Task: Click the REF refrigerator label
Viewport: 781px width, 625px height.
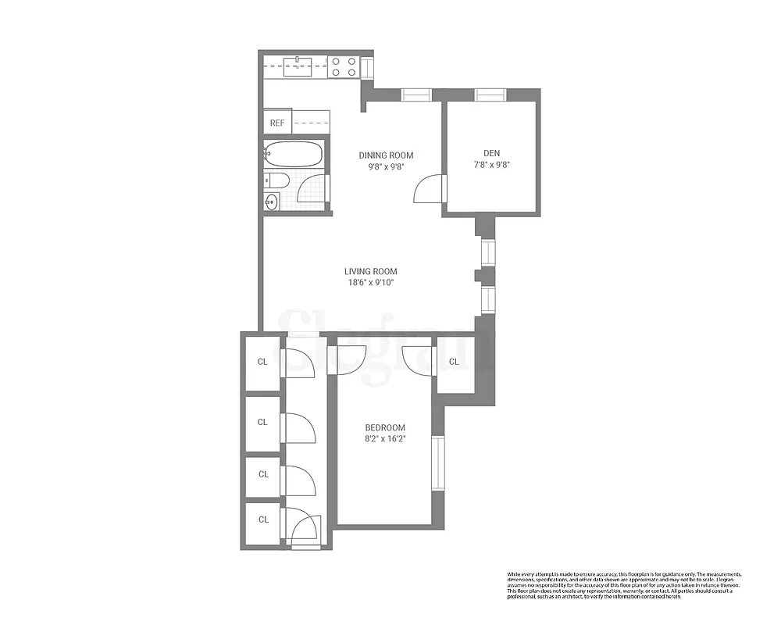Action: (x=277, y=123)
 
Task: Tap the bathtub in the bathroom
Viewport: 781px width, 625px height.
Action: (x=293, y=154)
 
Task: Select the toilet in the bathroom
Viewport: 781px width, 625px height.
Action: (x=277, y=181)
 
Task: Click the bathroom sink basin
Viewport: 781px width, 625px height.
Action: (x=271, y=202)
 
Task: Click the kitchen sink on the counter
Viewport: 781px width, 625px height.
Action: (x=298, y=65)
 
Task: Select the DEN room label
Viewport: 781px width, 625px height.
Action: (x=491, y=153)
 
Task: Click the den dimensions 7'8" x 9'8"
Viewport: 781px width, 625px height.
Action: (x=491, y=165)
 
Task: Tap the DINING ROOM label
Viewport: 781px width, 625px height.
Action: (x=386, y=155)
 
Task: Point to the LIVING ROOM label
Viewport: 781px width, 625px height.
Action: (x=376, y=272)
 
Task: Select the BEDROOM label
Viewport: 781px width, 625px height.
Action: (x=385, y=427)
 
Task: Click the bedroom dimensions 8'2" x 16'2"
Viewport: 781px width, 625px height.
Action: (x=385, y=439)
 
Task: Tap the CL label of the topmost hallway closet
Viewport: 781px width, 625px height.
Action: (x=262, y=362)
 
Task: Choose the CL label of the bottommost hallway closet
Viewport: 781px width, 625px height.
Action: (x=263, y=520)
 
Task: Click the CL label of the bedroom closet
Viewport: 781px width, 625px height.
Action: (x=454, y=362)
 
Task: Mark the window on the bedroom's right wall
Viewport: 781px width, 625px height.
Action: (x=438, y=462)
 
